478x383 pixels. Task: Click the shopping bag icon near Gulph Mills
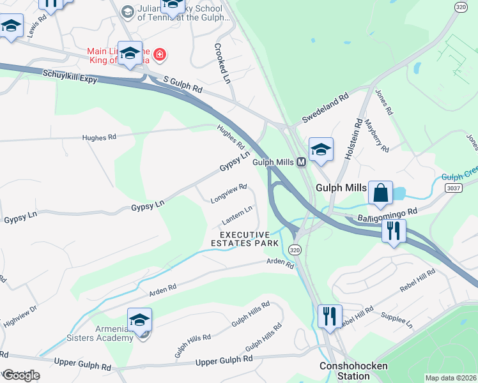pos(380,192)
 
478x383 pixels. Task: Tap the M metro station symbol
pos(300,162)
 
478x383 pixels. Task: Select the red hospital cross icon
pos(158,55)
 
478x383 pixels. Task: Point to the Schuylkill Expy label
pos(71,75)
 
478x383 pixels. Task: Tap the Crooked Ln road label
pos(222,64)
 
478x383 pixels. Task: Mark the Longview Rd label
pos(228,194)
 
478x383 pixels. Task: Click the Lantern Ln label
pos(236,216)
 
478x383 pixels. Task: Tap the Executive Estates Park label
pos(245,239)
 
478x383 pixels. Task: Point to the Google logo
pos(20,375)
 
